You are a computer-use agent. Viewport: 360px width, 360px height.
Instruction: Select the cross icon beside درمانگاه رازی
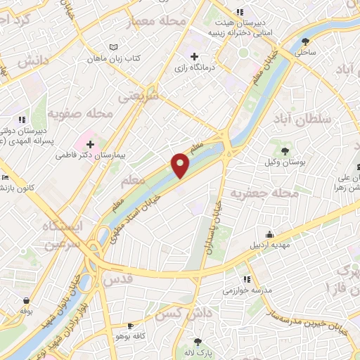click(194, 56)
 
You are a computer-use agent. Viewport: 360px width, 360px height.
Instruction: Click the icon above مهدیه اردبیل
click(269, 235)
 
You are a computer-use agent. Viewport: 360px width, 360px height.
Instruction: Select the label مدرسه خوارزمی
click(242, 290)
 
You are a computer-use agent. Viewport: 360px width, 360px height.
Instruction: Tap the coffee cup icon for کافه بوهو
click(130, 326)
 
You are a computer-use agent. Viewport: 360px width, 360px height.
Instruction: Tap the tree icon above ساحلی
click(304, 41)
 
